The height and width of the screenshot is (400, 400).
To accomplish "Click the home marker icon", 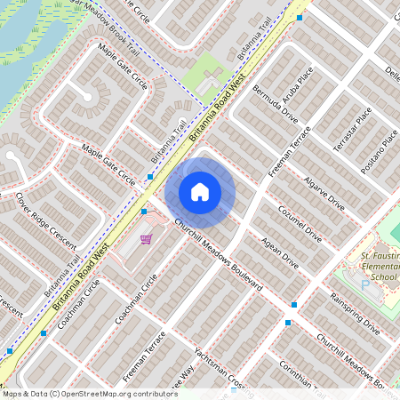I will [199, 192].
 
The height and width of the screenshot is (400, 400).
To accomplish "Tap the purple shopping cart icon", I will [146, 239].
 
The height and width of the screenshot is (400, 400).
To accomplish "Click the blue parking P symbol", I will [364, 284].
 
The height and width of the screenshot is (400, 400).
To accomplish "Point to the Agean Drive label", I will [279, 253].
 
